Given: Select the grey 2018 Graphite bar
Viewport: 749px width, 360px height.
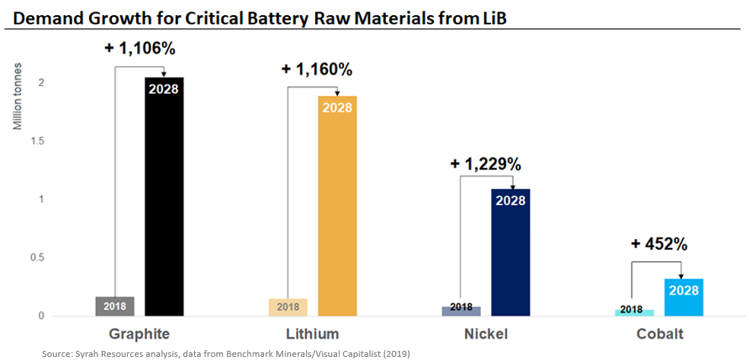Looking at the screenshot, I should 115,306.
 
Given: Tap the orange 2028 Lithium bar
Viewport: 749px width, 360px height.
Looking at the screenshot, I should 337,205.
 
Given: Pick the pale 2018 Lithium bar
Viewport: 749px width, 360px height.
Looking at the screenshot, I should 288,307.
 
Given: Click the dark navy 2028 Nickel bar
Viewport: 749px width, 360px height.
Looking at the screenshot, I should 510,251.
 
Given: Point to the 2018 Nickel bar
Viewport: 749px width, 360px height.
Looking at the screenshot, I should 461,311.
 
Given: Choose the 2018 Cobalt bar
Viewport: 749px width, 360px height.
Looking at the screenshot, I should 634,312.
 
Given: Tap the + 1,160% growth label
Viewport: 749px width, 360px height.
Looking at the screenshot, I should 316,69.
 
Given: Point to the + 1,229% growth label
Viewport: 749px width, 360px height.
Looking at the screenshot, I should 486,164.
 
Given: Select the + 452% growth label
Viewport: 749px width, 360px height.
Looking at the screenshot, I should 658,244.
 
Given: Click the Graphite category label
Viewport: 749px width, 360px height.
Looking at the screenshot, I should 139,334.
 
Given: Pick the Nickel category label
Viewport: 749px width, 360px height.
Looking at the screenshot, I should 485,334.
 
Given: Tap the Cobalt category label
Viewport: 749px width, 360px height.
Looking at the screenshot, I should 658,334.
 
